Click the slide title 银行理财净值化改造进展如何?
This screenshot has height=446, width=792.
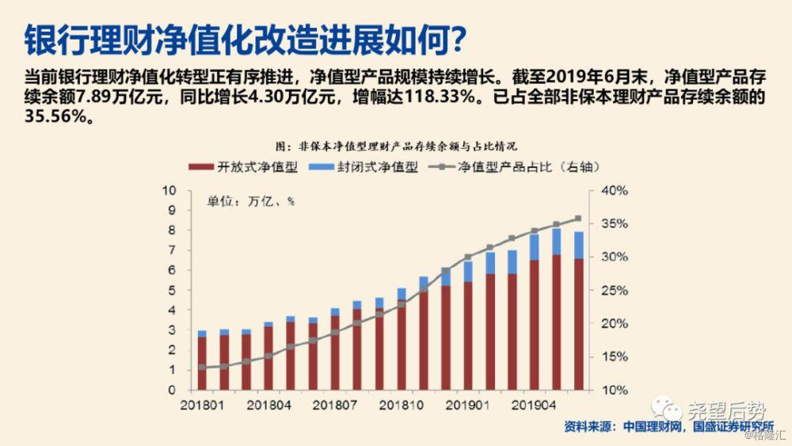tap(246, 38)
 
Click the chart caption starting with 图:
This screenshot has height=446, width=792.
tap(396, 147)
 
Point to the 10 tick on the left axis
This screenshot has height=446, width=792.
tap(168, 191)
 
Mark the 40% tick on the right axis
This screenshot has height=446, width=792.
tap(614, 191)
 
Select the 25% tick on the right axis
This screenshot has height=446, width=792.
tap(614, 291)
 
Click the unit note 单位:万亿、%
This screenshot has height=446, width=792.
tap(250, 201)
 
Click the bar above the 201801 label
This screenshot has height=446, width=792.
tap(203, 360)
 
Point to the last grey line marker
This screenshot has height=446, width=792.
tap(578, 219)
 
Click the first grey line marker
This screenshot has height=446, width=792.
tap(203, 367)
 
